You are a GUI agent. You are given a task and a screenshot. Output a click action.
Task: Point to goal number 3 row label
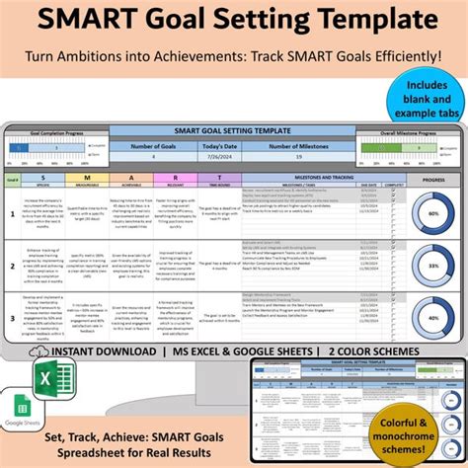pyautogui.click(x=11, y=319)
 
